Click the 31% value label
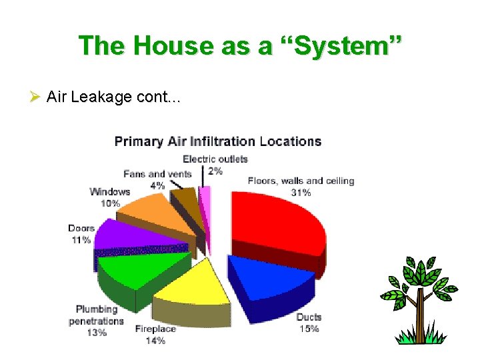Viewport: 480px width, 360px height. point(301,193)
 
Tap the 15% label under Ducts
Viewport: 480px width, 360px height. point(309,329)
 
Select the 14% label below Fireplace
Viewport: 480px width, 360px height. point(155,340)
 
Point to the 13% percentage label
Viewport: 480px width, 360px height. point(97,332)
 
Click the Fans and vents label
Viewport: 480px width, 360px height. point(157,174)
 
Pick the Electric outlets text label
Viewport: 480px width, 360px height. point(215,159)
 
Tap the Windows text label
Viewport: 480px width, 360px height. point(110,192)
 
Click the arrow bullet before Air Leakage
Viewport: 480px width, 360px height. point(36,97)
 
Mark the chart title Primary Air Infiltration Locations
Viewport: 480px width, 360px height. point(218,141)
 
